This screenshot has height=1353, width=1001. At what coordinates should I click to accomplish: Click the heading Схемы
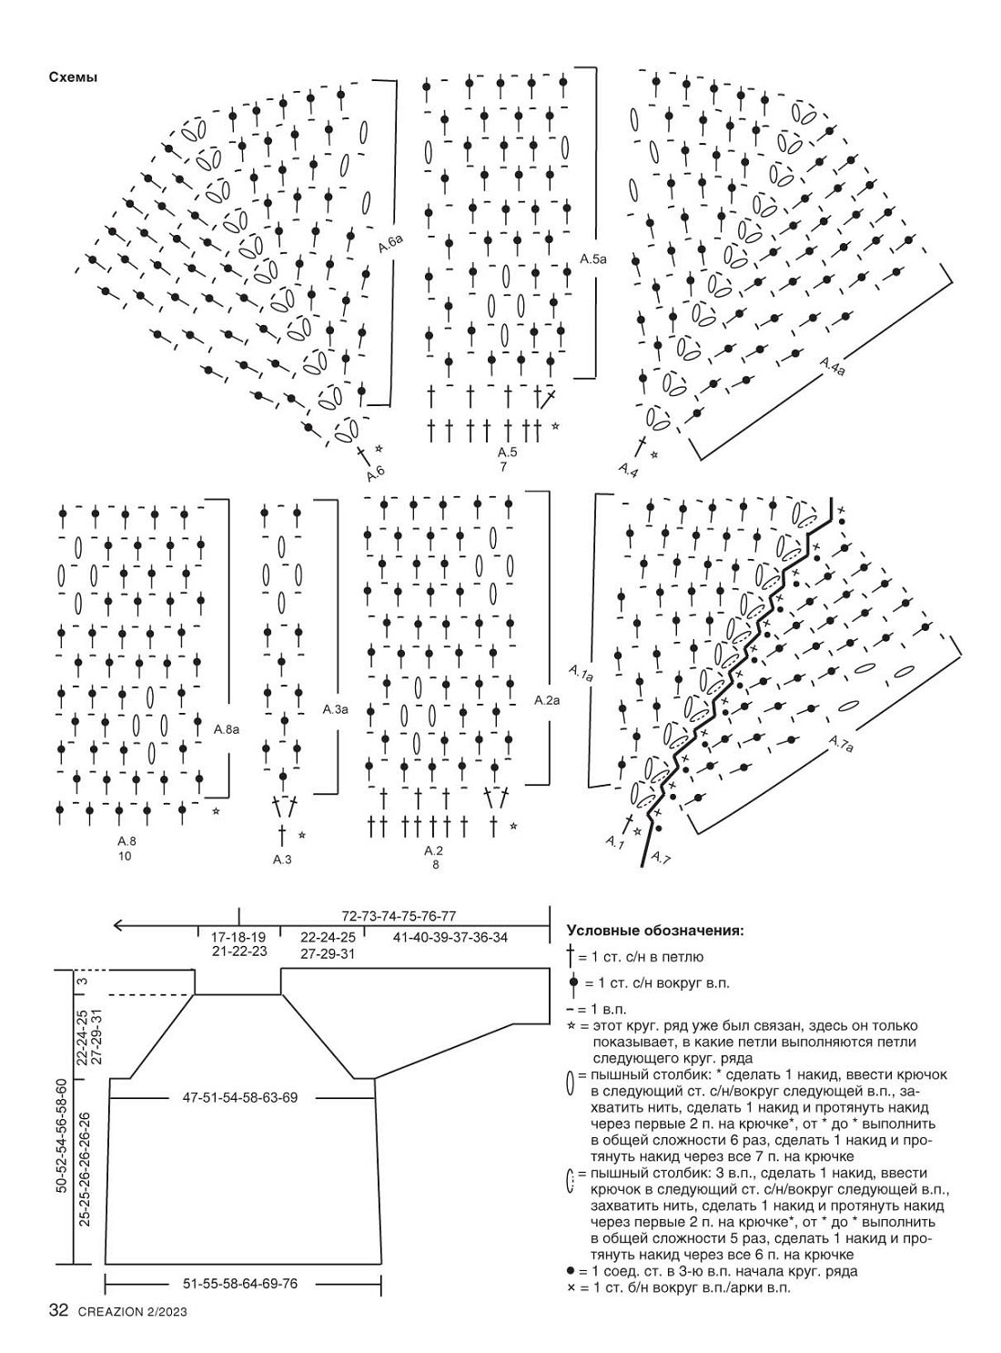pos(73,77)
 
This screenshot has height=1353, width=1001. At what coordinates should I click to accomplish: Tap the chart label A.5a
pos(593,259)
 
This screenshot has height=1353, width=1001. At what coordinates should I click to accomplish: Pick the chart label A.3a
pos(335,708)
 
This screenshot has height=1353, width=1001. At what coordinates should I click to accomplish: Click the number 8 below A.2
pos(435,865)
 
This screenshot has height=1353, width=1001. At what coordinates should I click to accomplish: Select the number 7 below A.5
pos(502,467)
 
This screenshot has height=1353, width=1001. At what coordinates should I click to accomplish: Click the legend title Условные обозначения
pos(654,931)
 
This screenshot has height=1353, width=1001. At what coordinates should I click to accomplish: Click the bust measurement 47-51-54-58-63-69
pos(239,1098)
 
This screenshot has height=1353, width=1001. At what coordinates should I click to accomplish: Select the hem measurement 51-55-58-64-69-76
pos(240,1284)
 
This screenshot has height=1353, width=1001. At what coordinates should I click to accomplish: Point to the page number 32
pos(58,1311)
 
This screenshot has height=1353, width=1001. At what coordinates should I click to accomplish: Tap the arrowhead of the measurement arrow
pos(117,926)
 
